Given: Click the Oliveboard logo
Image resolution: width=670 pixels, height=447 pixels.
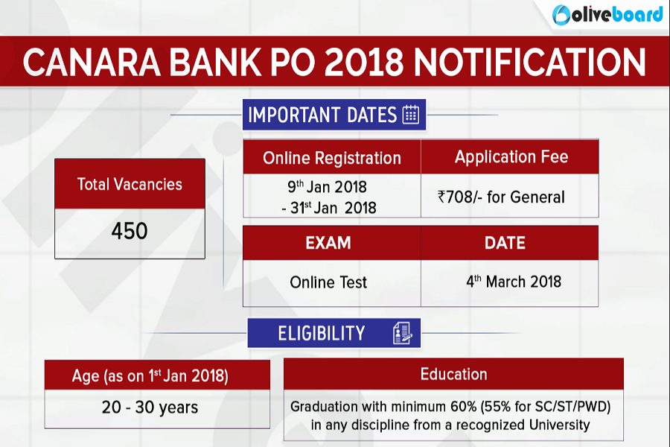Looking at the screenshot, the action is (607, 15).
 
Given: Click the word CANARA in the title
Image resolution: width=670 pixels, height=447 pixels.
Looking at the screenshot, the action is (92, 62).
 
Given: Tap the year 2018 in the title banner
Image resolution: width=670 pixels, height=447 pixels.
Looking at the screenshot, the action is (363, 62).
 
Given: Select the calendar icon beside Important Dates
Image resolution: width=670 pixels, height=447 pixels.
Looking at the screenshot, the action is (411, 114).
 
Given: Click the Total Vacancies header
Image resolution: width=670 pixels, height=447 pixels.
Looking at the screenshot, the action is (130, 184).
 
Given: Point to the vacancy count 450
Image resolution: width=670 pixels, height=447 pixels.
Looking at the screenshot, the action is (130, 231).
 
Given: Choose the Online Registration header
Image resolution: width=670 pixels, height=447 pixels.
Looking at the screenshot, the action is (332, 158).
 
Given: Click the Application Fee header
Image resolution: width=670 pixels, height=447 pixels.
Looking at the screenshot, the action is (511, 157).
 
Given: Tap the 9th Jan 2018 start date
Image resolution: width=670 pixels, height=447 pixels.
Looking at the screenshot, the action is (327, 186).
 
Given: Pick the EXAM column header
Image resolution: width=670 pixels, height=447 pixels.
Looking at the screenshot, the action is (328, 243).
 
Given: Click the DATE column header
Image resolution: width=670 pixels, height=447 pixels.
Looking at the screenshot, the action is (505, 243).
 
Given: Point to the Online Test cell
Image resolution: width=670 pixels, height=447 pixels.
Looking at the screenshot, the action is (328, 282).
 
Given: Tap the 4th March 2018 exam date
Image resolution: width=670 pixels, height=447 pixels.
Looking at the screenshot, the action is (514, 282).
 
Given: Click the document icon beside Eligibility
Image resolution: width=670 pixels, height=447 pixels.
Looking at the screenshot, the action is (403, 333).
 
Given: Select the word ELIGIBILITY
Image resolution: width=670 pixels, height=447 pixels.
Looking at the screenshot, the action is (322, 333).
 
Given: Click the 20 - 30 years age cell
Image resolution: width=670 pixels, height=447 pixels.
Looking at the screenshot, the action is (150, 408).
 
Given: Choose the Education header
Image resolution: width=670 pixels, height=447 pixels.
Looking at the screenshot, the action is (454, 374).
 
